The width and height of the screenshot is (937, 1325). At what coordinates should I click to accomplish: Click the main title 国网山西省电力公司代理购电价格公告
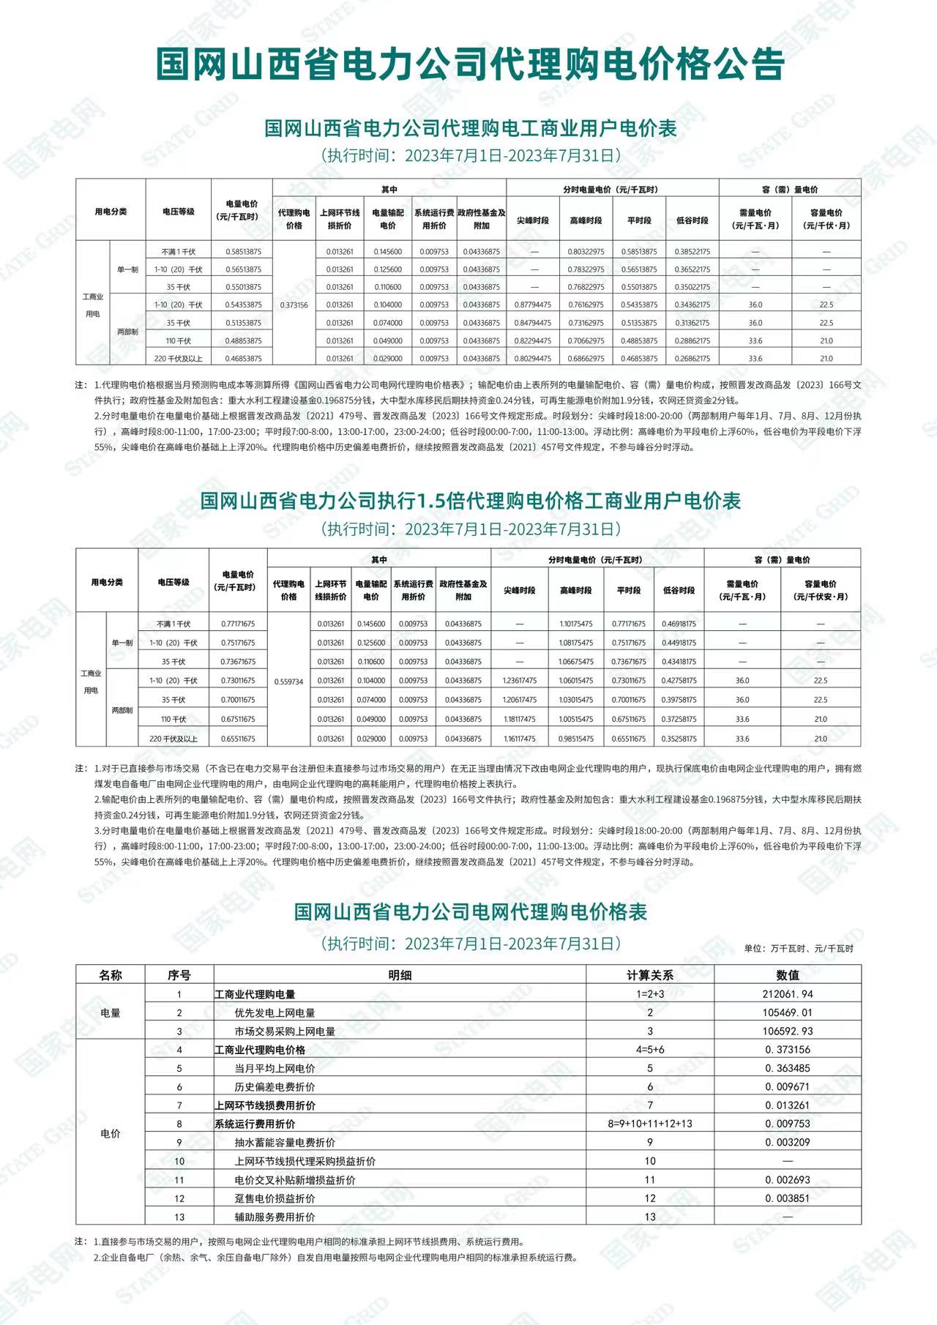468,64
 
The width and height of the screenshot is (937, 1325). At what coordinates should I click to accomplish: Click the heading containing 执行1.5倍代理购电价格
470,501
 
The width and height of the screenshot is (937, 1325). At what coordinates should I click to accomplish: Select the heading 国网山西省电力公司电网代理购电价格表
470,912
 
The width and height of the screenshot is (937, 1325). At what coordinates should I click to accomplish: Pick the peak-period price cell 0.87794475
533,305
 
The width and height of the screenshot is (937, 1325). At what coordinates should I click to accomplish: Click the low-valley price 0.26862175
693,359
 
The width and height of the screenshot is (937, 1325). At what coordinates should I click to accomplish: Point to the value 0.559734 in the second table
288,682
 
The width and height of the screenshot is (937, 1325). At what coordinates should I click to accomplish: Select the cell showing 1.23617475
520,681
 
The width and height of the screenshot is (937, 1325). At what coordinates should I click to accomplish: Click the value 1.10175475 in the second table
576,624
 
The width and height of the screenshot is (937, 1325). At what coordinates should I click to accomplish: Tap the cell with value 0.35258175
679,739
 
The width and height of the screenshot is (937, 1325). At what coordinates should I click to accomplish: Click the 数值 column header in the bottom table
788,975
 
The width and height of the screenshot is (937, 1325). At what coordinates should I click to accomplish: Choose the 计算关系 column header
650,975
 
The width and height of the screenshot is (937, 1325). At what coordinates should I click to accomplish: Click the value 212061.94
788,994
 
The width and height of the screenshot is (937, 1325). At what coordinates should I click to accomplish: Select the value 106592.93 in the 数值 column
788,1031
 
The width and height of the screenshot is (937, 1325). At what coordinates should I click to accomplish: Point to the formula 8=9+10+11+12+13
650,1124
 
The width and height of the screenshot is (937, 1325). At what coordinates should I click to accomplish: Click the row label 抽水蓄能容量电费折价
285,1143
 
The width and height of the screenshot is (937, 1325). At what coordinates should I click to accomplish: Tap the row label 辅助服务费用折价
275,1217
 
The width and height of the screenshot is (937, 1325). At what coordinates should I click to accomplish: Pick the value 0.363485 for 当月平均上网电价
788,1068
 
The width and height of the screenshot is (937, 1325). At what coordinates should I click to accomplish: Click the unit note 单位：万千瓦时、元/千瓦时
799,949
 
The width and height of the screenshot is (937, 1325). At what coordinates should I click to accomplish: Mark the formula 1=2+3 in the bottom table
650,994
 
